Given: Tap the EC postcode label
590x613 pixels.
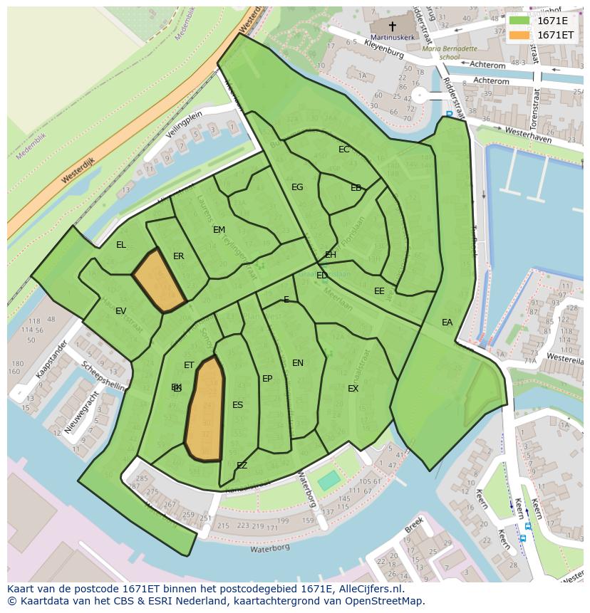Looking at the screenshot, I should (x=344, y=150).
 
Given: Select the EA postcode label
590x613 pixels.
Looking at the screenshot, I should (x=447, y=323).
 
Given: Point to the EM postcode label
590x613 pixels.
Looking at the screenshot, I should (x=219, y=230).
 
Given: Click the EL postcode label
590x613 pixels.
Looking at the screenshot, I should (x=121, y=245).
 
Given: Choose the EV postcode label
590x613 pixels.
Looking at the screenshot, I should (x=120, y=311).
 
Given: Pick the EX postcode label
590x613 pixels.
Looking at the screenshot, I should (x=353, y=389).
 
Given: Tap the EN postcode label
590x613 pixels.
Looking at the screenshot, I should (x=298, y=363).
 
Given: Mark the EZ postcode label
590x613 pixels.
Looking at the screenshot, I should (x=242, y=466).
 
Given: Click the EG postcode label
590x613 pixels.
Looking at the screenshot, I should (x=297, y=187).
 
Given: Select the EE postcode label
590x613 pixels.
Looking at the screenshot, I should (x=379, y=291).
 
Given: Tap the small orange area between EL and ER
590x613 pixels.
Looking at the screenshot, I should (x=159, y=281).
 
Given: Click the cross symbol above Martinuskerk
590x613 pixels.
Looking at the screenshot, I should (x=392, y=26).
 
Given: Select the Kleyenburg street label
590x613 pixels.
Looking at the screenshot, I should (x=384, y=49).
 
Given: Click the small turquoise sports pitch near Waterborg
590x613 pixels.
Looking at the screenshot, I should (x=328, y=481).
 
